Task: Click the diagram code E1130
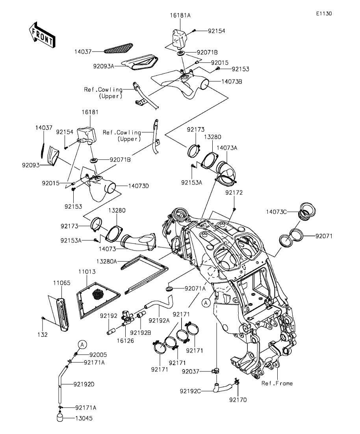tap(324, 13)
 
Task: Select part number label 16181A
tap(180, 15)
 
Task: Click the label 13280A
tap(106, 260)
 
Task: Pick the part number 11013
tap(87, 272)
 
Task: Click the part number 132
tap(43, 335)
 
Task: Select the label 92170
tap(238, 400)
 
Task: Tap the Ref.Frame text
tap(277, 383)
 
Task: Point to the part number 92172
tap(234, 193)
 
